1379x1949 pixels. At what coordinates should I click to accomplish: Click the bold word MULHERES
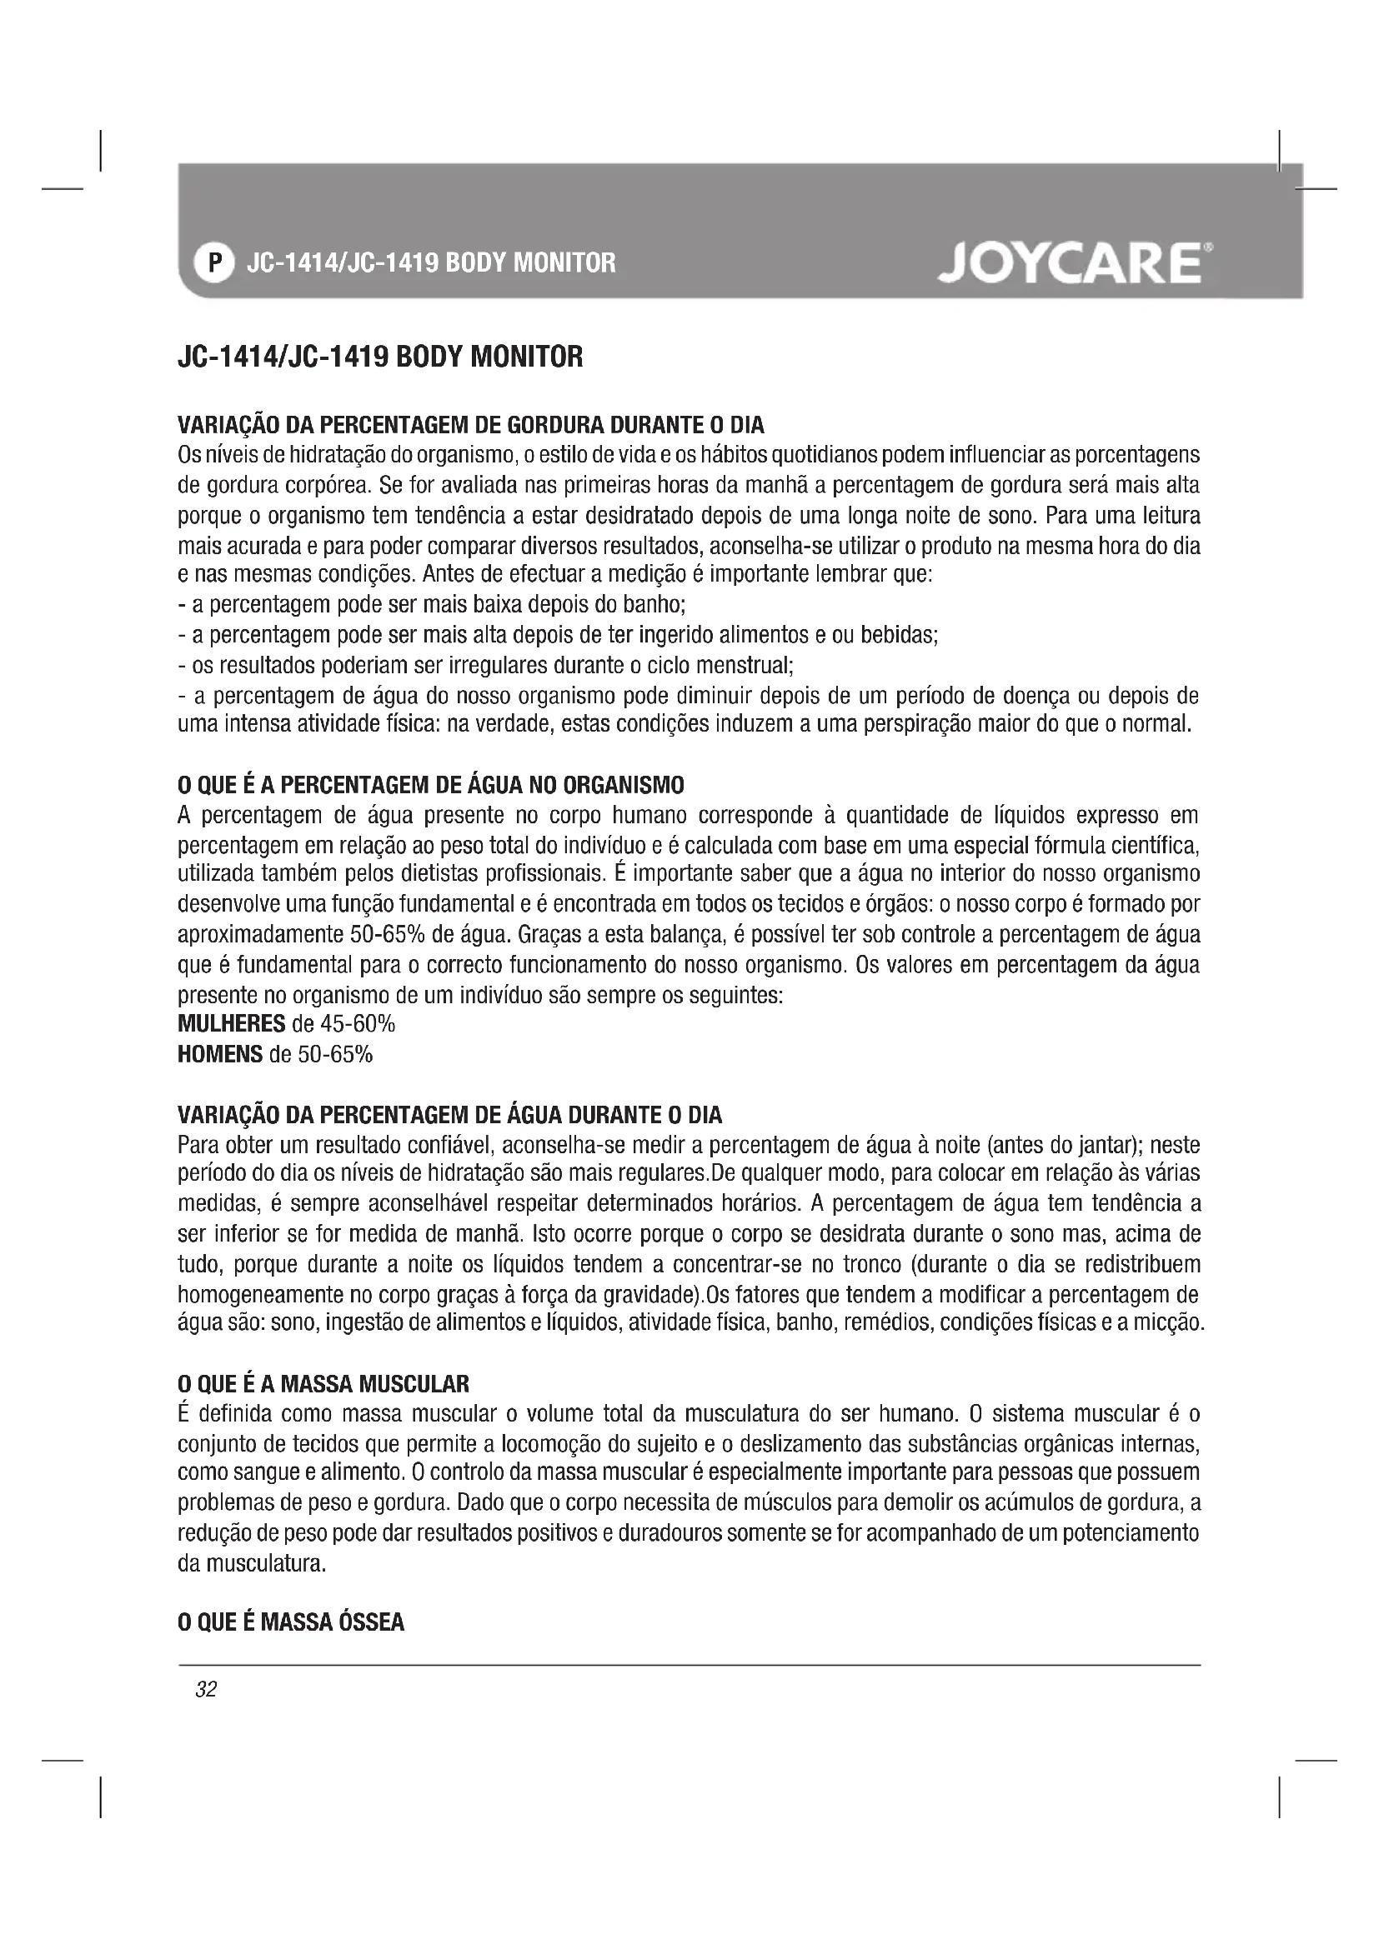(232, 1024)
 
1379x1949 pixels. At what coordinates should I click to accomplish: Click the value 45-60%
(359, 1024)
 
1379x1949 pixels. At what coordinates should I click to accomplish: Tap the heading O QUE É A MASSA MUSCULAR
(323, 1385)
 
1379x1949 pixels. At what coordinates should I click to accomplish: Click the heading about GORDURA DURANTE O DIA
(471, 424)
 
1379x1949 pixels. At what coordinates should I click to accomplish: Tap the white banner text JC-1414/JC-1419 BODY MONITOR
(430, 262)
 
